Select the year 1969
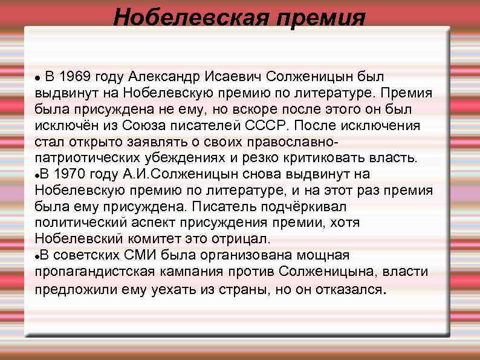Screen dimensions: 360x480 (79, 77)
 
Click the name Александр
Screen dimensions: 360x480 (164, 77)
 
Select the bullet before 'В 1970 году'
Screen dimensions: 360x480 (38, 175)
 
